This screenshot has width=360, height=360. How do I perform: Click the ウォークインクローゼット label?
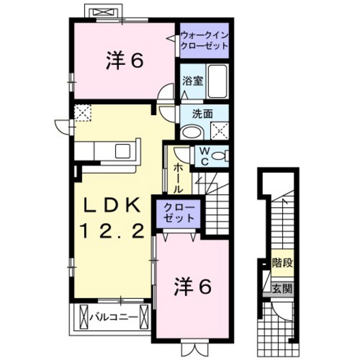pyautogui.click(x=204, y=41)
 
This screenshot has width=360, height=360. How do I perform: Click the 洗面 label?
pyautogui.click(x=204, y=114)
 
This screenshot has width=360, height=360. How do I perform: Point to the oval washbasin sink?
pyautogui.click(x=190, y=132)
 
